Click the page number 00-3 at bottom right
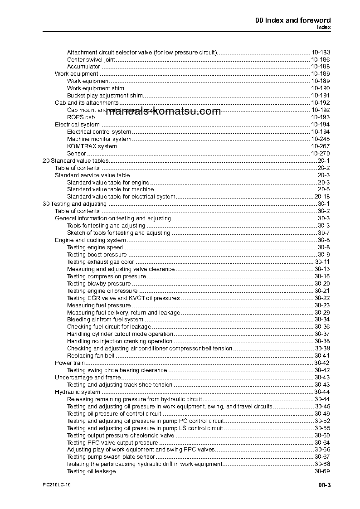pos(324,485)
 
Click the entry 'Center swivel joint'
pos(91,59)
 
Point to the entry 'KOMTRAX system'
pos(92,146)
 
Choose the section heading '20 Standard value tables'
pos(75,160)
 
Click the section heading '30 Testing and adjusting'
pos(74,204)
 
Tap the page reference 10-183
pos(321,52)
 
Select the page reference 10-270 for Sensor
pos(321,153)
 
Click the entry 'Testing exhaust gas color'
pos(101,262)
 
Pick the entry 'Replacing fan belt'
pos(91,355)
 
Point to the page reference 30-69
pos(322,471)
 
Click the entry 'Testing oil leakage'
pos(92,471)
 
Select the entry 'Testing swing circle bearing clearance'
pos(117,370)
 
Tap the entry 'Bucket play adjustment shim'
pos(105,96)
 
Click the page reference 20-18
pos(322,197)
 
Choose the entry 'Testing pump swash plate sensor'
pos(111,457)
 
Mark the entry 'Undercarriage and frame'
pos(88,377)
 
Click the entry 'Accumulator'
pos(83,67)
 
